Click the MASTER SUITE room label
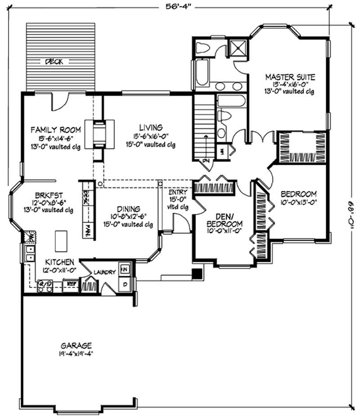[x=289, y=76]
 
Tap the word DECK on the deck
[x=53, y=62]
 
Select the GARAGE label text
[x=76, y=345]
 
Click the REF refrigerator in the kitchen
[x=71, y=284]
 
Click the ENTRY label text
[x=174, y=192]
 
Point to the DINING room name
[x=129, y=209]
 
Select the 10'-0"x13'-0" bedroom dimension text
[x=299, y=202]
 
